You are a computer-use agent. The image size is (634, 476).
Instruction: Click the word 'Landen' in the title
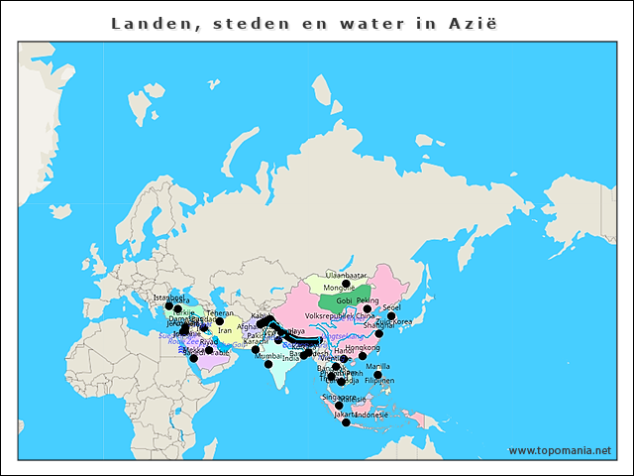point(143,22)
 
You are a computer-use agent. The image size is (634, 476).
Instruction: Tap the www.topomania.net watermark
point(559,450)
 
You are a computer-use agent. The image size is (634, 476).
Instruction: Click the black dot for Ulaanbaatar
point(346,282)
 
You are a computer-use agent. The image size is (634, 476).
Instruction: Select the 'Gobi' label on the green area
point(345,300)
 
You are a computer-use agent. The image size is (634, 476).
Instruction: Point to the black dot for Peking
point(368,308)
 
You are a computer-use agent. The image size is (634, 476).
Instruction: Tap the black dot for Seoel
point(391,316)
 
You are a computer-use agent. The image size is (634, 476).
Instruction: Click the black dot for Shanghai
point(379,333)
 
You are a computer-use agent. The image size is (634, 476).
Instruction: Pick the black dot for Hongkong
point(363,356)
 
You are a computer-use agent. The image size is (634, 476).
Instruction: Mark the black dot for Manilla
point(377,375)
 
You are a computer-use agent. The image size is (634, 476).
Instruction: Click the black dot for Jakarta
point(346,423)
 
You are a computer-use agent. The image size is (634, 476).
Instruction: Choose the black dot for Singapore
point(339,405)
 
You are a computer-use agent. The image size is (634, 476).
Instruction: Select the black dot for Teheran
point(220,320)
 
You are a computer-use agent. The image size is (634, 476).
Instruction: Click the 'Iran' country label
point(225,331)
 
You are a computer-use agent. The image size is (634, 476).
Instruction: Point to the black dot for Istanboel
point(168,305)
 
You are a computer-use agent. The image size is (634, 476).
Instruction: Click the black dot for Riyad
point(209,350)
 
